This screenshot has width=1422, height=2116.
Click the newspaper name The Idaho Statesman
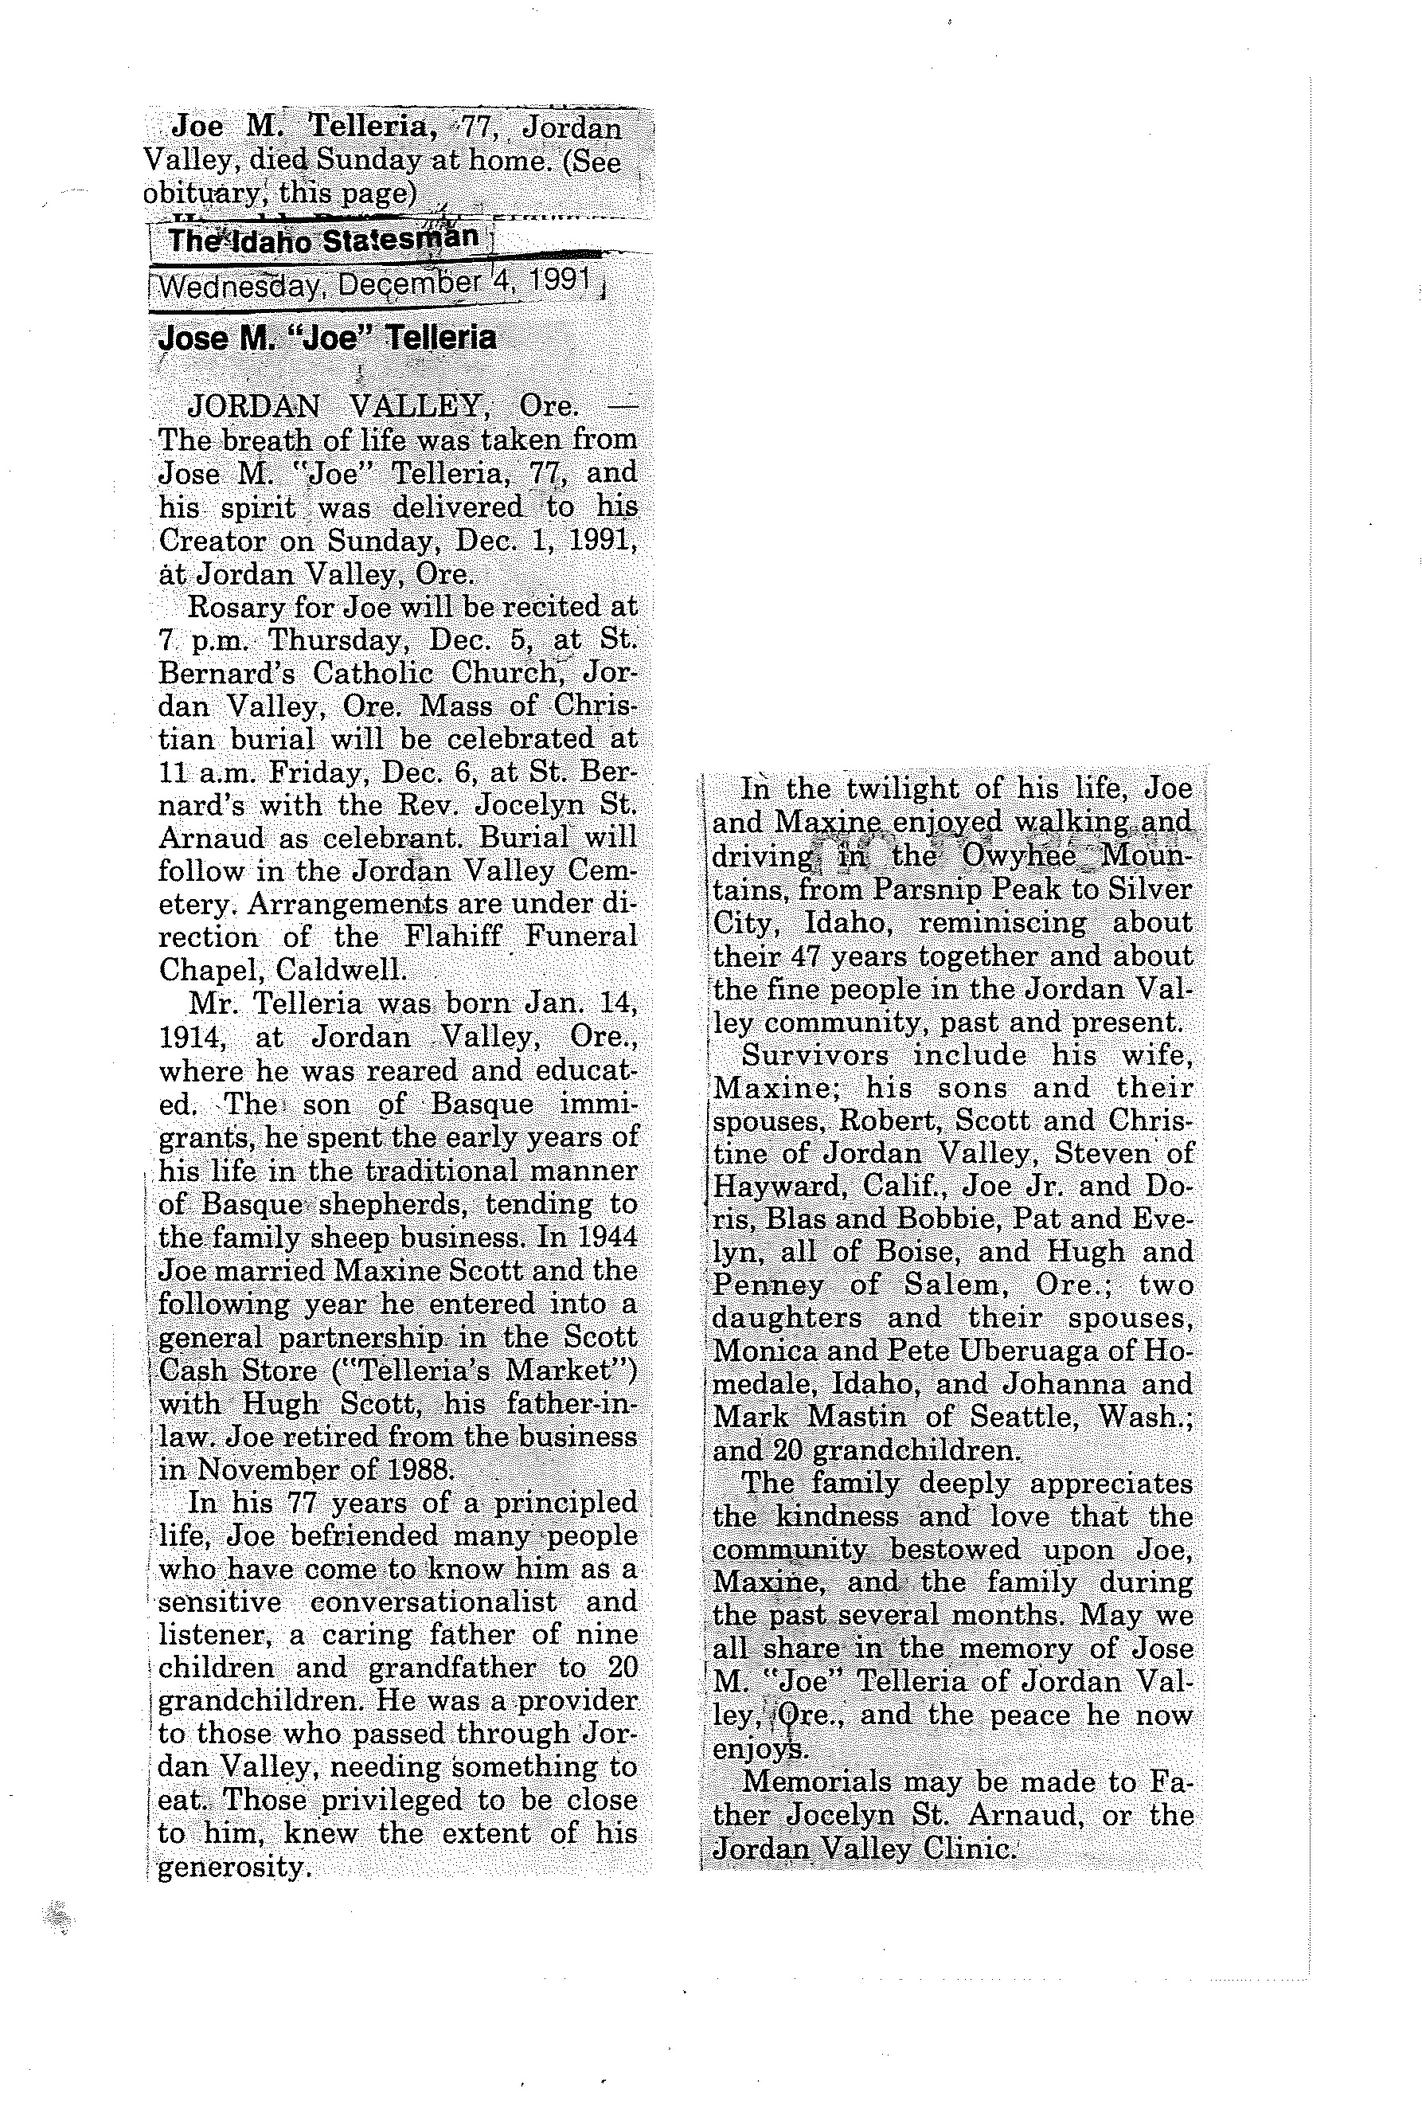coord(322,241)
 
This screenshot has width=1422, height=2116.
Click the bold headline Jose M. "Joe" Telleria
coord(326,338)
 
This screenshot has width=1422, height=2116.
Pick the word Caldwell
coord(341,969)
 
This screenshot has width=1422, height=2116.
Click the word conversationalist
coord(433,1602)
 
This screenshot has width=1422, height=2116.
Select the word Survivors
coord(815,1055)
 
